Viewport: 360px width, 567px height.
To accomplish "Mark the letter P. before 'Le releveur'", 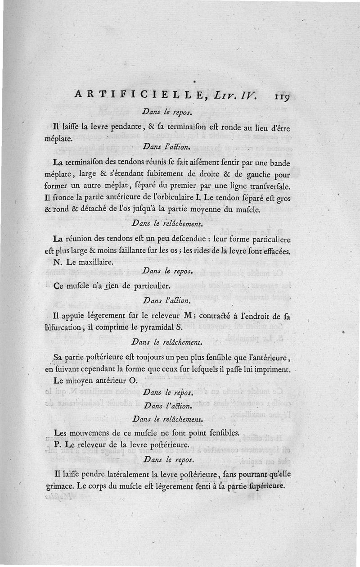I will (x=51, y=444).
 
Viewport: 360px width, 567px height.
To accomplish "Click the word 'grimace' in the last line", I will (x=58, y=486).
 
